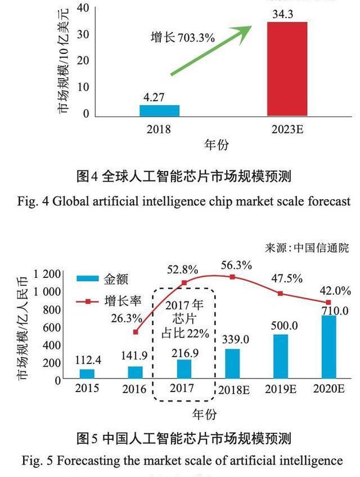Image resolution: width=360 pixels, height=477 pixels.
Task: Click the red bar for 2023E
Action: tap(287, 69)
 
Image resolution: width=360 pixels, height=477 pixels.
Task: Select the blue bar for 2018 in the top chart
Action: tap(159, 110)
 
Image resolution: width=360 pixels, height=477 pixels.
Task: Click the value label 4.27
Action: tap(154, 97)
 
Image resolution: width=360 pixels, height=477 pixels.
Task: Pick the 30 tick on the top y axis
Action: tap(83, 34)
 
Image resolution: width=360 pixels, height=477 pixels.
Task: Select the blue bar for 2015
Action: tap(87, 373)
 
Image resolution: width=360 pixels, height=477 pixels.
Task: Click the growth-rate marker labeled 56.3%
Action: tap(233, 277)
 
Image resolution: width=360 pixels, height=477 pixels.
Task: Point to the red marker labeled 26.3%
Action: tap(136, 332)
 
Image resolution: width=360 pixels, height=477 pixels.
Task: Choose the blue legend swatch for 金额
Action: tap(88, 278)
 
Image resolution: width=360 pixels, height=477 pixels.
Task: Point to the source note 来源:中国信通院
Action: tap(307, 247)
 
